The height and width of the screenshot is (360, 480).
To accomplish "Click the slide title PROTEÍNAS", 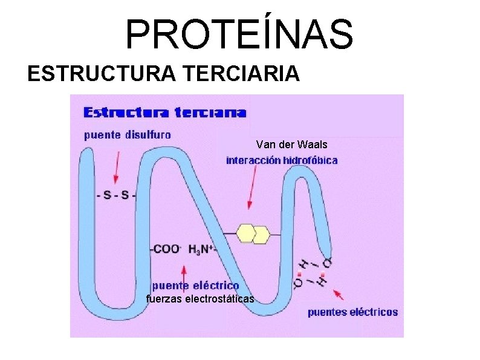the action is click(239, 34).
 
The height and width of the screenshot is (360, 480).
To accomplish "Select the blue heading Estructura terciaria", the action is click(164, 112).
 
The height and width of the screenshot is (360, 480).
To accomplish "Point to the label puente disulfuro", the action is click(127, 135).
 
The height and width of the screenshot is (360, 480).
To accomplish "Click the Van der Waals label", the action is click(291, 145).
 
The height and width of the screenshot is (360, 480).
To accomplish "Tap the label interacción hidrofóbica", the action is click(282, 160).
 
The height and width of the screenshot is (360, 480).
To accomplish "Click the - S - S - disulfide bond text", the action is click(117, 195).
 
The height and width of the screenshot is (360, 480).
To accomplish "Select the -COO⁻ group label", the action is click(166, 249).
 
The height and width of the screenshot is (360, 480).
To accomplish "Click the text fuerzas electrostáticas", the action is click(200, 298).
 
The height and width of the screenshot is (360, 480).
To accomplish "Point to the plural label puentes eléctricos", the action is click(352, 312).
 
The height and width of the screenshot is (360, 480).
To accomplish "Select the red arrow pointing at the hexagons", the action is click(252, 188).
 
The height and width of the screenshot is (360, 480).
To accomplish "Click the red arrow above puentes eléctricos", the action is click(339, 294).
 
